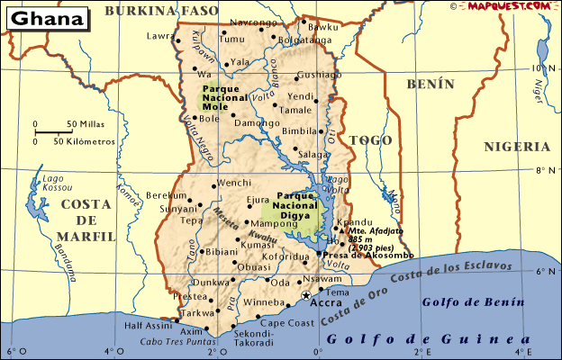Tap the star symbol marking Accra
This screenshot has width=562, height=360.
(305, 295)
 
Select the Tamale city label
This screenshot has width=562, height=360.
(295, 110)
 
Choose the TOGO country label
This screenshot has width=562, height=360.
(370, 140)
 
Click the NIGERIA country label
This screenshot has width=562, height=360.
(516, 146)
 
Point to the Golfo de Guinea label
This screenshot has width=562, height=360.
(429, 339)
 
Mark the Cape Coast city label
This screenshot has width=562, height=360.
(286, 322)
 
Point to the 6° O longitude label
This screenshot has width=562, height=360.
(12, 351)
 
